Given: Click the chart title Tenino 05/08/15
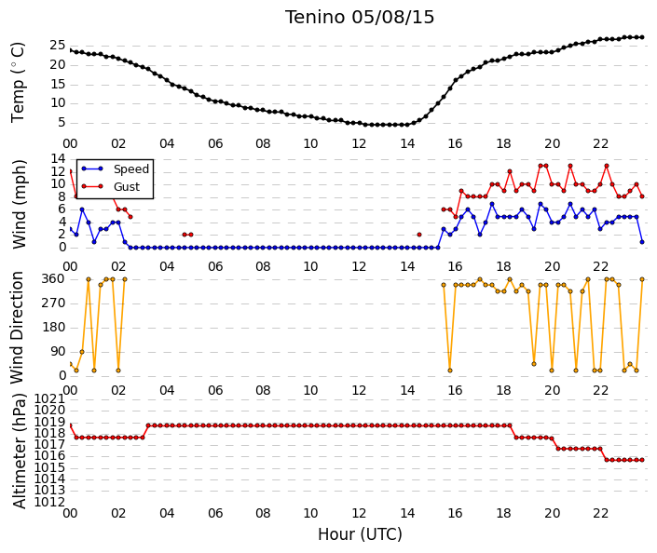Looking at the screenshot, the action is pos(360,18).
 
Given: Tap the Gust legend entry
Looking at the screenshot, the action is pos(111,187).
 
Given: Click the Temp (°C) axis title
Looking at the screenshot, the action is pos(19,83).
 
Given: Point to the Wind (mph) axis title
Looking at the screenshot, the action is pos(20,204).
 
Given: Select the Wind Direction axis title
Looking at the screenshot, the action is pos(17,328).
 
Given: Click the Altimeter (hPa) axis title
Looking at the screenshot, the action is pos(20,451).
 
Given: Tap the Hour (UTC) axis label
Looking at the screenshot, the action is pos(360,534).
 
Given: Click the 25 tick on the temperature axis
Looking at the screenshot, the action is pos(58,46).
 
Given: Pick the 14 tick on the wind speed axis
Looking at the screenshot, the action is pos(58,158).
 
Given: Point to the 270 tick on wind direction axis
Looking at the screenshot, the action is pos(54,303).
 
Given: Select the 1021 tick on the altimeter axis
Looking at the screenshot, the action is pos(50,399).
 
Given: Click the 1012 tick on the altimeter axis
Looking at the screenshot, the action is pos(50,502).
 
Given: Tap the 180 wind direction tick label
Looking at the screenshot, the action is pos(54,328).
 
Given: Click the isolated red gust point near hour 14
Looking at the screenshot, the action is pos(419,235).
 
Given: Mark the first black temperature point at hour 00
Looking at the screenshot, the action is pos(71,50).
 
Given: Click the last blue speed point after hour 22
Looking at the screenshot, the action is pos(642,242).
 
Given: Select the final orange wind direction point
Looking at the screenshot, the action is pos(642,279).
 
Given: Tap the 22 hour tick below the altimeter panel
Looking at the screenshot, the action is pos(600,513).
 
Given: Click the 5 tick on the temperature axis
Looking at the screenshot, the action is pos(62,122).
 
